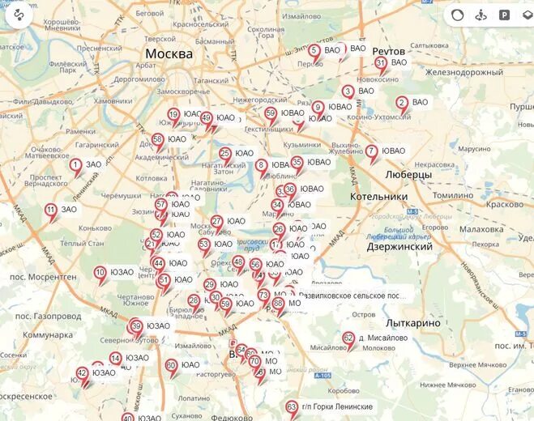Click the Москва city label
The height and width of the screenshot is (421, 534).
[169, 54]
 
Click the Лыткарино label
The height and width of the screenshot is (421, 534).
[412, 323]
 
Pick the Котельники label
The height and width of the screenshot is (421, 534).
[378, 197]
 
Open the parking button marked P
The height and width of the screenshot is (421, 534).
[504, 15]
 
